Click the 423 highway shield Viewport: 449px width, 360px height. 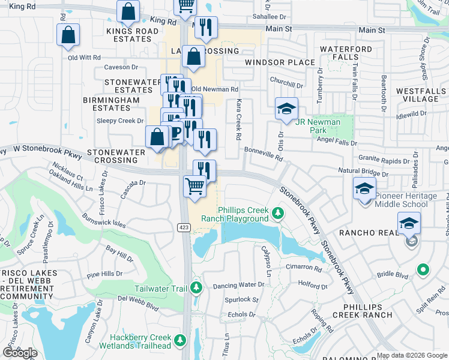[x=184, y=227]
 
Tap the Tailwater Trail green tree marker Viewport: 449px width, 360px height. [x=196, y=289]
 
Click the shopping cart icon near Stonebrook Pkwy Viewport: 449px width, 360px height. [x=194, y=187]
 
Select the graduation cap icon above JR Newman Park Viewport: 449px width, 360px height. [x=286, y=109]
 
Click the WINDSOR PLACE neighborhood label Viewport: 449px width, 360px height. [x=280, y=62]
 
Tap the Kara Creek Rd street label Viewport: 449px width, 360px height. [x=239, y=120]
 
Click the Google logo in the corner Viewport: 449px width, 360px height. [x=20, y=353]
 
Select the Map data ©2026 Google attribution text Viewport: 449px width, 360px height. [x=411, y=355]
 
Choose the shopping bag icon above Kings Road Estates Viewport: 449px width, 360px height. [x=128, y=10]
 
